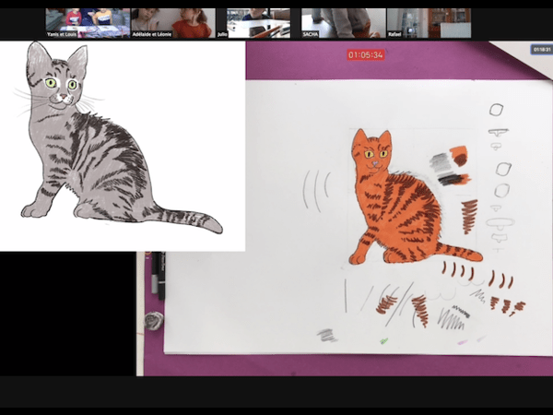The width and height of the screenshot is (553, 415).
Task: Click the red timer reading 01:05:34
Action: click(x=365, y=54)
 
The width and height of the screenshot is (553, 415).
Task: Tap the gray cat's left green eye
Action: click(x=52, y=84)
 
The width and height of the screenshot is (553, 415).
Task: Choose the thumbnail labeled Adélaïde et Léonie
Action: click(x=172, y=23)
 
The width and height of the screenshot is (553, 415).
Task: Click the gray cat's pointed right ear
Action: click(x=77, y=57)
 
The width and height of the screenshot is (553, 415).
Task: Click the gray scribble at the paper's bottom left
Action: click(x=327, y=336)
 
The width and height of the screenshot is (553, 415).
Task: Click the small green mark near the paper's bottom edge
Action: click(x=384, y=341)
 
